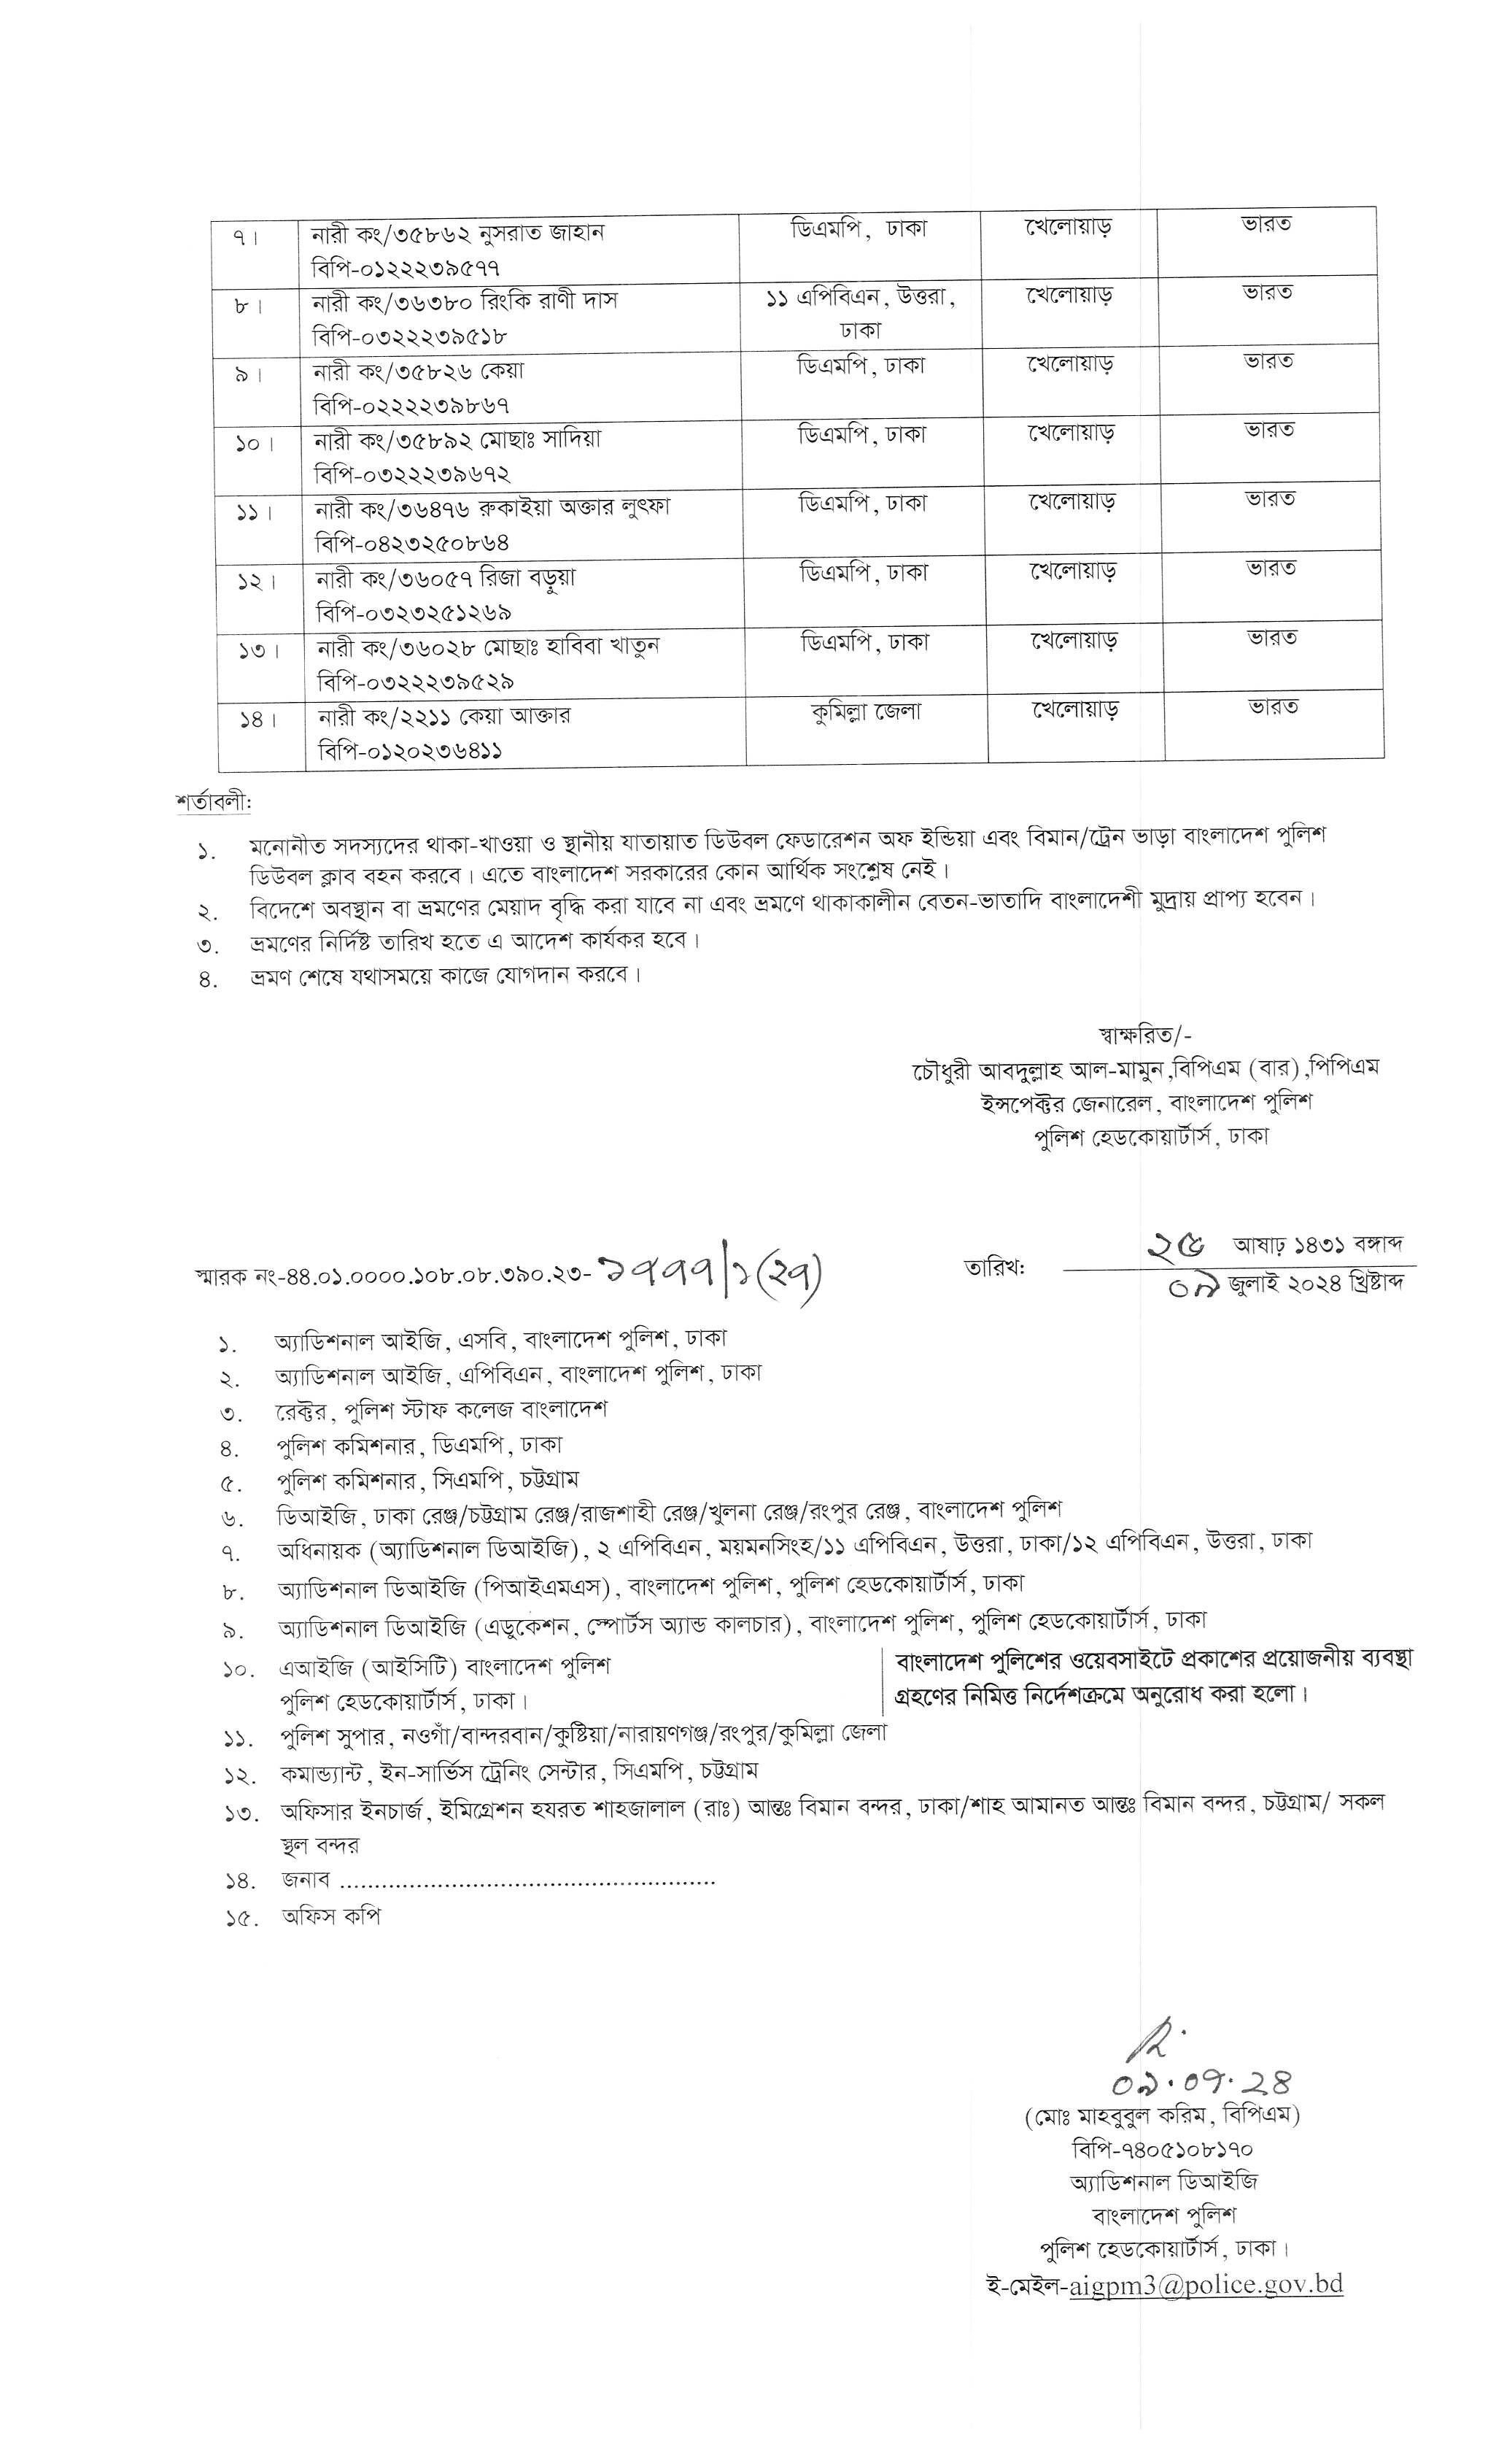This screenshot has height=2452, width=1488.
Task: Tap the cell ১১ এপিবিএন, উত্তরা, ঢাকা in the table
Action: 861,312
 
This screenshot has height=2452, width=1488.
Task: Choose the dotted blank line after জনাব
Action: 527,1881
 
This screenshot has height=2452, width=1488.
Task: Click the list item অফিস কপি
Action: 331,1916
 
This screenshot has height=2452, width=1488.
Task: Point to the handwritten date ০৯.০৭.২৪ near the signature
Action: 1201,2082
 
